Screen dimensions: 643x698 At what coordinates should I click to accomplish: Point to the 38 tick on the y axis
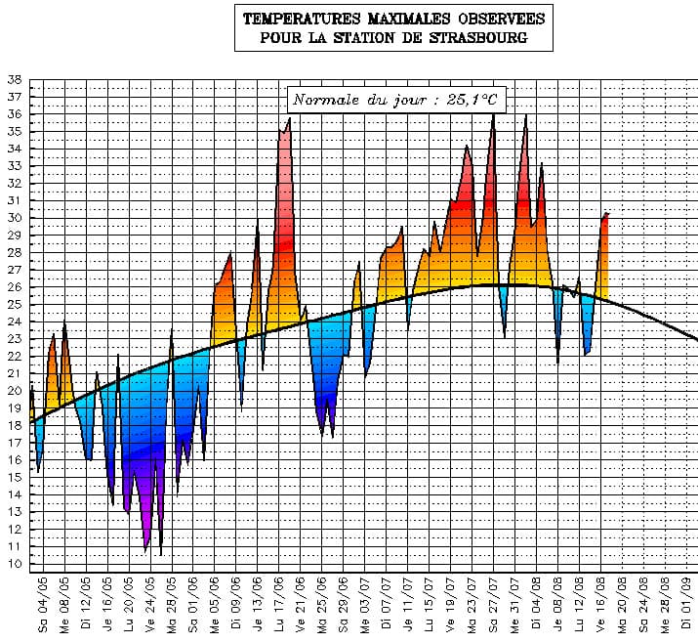point(14,80)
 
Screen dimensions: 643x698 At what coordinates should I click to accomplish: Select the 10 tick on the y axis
point(14,564)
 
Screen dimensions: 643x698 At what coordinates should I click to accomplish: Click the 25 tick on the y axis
point(14,305)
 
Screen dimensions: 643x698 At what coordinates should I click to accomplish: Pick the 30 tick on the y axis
point(14,218)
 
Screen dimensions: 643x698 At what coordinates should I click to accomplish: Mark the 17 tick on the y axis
point(14,443)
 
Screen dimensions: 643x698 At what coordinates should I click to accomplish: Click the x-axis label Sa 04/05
point(43,607)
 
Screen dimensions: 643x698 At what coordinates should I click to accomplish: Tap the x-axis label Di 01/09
point(688,607)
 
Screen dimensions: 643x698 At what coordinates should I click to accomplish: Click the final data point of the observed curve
point(608,213)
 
